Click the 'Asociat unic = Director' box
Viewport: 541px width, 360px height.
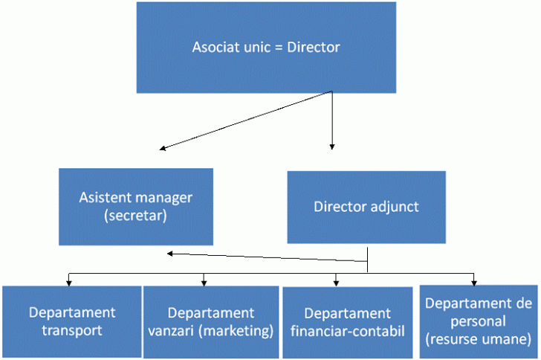pyautogui.click(x=266, y=48)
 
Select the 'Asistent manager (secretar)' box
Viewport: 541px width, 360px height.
pyautogui.click(x=136, y=207)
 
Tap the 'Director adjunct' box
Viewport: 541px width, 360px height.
pyautogui.click(x=366, y=208)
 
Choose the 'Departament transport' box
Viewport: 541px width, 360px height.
pyautogui.click(x=72, y=322)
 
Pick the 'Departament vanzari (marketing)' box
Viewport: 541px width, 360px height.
pyautogui.click(x=211, y=322)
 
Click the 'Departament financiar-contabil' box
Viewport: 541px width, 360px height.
pyautogui.click(x=348, y=323)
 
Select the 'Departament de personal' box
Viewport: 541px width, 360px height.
pyautogui.click(x=479, y=321)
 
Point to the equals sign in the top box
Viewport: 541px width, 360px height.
pyautogui.click(x=279, y=48)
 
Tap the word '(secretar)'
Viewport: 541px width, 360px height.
pyautogui.click(x=135, y=216)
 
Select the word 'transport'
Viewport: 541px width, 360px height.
pyautogui.click(x=72, y=331)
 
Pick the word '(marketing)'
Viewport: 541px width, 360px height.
pyautogui.click(x=236, y=331)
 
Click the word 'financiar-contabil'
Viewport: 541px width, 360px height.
pyautogui.click(x=348, y=331)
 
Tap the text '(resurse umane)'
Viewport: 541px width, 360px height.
pyautogui.click(x=479, y=339)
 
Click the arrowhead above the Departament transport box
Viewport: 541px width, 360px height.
pyautogui.click(x=69, y=283)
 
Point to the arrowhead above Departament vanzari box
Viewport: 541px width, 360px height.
pyautogui.click(x=204, y=283)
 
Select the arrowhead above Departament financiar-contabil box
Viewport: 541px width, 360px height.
pyautogui.click(x=336, y=283)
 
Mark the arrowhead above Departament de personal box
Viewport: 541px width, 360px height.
pyautogui.click(x=473, y=283)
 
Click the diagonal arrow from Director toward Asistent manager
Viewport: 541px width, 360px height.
pyautogui.click(x=246, y=120)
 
